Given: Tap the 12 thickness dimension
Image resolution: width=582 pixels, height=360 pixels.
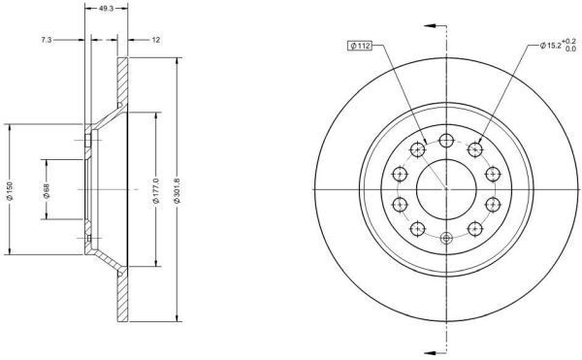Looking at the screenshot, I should pos(156,40).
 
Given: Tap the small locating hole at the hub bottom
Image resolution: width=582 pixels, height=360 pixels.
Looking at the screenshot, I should pos(445,239).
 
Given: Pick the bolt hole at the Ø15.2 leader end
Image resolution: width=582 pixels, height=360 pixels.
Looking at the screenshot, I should pos(475,149).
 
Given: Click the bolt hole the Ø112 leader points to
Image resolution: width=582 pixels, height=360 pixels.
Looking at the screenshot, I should pos(417,149).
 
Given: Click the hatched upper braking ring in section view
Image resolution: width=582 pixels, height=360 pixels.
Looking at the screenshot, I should pos(122,82).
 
